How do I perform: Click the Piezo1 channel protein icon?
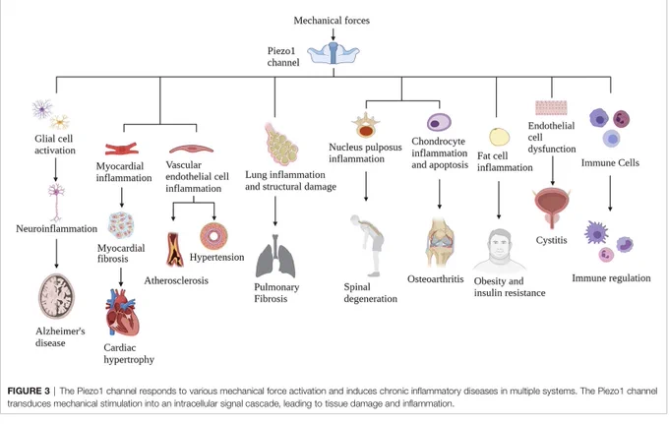[x=334, y=54]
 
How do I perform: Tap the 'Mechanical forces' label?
[x=332, y=20]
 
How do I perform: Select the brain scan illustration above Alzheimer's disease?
[x=56, y=296]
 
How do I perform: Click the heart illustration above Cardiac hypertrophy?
[x=122, y=312]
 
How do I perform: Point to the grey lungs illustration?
[x=275, y=256]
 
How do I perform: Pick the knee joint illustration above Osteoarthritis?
[x=440, y=242]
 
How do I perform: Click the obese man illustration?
[x=499, y=251]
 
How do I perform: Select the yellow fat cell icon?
[x=499, y=138]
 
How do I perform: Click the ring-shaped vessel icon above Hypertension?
[x=213, y=236]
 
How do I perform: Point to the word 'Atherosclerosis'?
[x=176, y=280]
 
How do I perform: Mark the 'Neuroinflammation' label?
[x=57, y=228]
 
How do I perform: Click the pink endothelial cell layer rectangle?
[x=551, y=107]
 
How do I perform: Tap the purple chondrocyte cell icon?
[x=439, y=122]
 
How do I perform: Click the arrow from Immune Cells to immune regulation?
[x=610, y=193]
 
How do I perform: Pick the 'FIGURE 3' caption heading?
[x=29, y=391]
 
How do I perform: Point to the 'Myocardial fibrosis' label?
[x=121, y=253]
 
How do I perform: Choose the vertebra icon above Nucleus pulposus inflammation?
[x=366, y=125]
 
